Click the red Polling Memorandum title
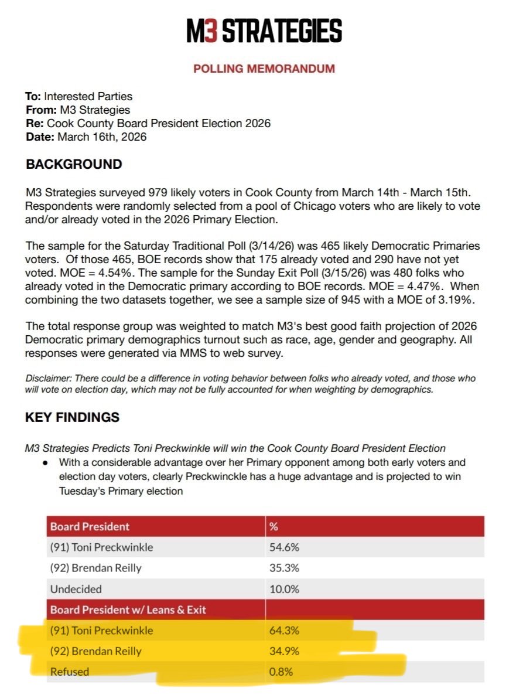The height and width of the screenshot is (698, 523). [x=264, y=69]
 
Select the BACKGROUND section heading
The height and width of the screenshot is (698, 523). [x=74, y=164]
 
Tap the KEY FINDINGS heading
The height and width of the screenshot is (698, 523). [x=72, y=417]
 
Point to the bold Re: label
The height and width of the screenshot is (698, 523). [x=35, y=124]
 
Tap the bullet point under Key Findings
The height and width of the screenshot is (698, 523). [x=45, y=463]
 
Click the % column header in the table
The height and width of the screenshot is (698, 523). [x=273, y=526]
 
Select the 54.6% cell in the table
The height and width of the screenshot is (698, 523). [x=283, y=547]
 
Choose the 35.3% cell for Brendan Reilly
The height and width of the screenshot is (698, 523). [x=283, y=568]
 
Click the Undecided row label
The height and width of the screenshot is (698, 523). [x=76, y=589]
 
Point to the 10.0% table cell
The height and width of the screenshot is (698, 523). [x=283, y=589]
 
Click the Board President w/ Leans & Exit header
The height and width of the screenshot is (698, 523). [x=128, y=610]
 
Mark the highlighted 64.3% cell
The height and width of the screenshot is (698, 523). [x=283, y=631]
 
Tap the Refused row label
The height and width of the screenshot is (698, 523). [x=70, y=672]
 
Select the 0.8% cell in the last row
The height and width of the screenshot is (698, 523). [x=281, y=672]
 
